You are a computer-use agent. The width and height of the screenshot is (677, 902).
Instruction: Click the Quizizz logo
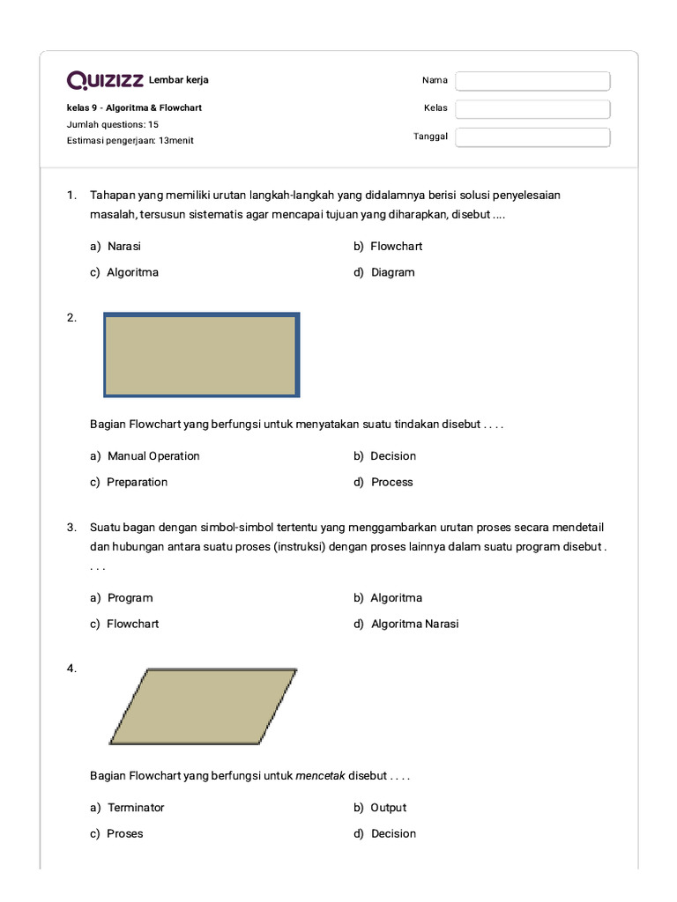pyautogui.click(x=105, y=81)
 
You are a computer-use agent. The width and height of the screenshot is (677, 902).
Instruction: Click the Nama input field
pyautogui.click(x=532, y=81)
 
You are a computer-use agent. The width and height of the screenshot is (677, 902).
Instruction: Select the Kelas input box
pyautogui.click(x=532, y=109)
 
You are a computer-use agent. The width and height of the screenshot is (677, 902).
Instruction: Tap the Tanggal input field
pyautogui.click(x=532, y=137)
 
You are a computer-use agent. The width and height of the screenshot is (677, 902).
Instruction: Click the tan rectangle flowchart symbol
pyautogui.click(x=201, y=355)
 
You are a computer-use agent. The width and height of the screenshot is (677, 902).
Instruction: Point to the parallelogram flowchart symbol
pyautogui.click(x=203, y=706)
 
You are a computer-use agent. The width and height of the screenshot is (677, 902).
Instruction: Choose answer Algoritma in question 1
pyautogui.click(x=132, y=272)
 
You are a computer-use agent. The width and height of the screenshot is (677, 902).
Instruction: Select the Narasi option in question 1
pyautogui.click(x=123, y=247)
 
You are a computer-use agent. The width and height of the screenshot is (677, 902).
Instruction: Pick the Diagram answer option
pyautogui.click(x=392, y=272)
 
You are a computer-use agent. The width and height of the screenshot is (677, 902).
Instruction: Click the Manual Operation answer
pyautogui.click(x=153, y=456)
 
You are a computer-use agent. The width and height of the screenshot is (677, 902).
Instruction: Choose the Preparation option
pyautogui.click(x=137, y=482)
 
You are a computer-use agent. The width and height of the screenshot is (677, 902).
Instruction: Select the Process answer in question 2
pyautogui.click(x=391, y=482)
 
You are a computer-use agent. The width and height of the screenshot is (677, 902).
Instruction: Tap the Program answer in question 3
pyautogui.click(x=130, y=598)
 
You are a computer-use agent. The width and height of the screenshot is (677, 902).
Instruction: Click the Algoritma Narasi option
pyautogui.click(x=414, y=624)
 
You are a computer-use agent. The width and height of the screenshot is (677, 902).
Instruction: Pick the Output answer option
pyautogui.click(x=388, y=808)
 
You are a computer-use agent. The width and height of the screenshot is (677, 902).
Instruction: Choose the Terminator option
pyautogui.click(x=136, y=808)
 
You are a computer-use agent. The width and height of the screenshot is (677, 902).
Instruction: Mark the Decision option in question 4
pyautogui.click(x=393, y=833)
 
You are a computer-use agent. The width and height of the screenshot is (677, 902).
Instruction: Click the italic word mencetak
pyautogui.click(x=320, y=776)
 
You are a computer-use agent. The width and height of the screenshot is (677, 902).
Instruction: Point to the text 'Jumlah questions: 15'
pyautogui.click(x=113, y=124)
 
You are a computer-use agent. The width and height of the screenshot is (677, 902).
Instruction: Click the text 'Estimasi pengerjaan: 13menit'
pyautogui.click(x=130, y=140)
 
